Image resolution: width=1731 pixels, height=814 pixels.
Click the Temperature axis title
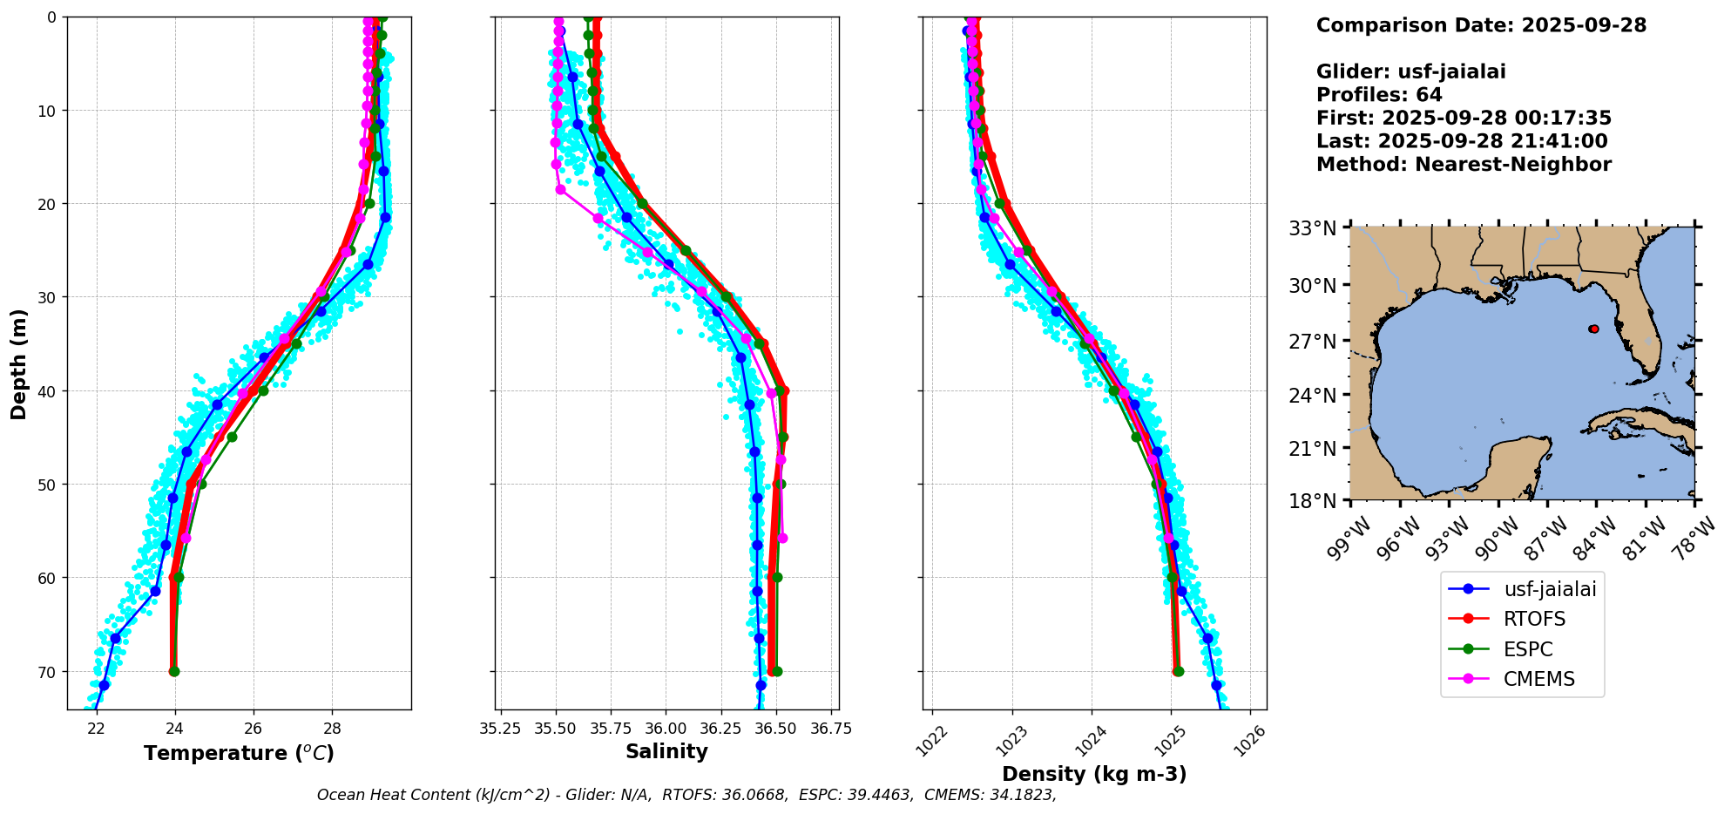click(x=239, y=753)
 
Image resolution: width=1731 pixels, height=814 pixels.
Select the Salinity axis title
click(x=666, y=751)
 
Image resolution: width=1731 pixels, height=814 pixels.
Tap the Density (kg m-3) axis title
click(x=1094, y=774)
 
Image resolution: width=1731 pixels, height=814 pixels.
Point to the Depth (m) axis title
click(x=19, y=363)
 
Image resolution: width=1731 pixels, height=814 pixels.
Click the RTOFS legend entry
click(x=1533, y=619)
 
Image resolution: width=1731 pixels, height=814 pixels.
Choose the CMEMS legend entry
click(x=1538, y=679)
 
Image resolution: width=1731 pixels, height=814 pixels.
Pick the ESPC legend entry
click(x=1528, y=649)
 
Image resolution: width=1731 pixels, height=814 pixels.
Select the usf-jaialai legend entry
click(x=1550, y=589)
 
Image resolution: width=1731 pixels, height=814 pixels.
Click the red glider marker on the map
click(x=1593, y=329)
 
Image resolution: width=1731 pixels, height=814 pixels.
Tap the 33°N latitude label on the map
click(x=1312, y=229)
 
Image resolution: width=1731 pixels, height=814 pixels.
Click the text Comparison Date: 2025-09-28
click(x=1481, y=25)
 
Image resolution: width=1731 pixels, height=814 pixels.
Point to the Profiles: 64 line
click(x=1379, y=95)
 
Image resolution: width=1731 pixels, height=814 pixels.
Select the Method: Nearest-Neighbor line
click(x=1464, y=165)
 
